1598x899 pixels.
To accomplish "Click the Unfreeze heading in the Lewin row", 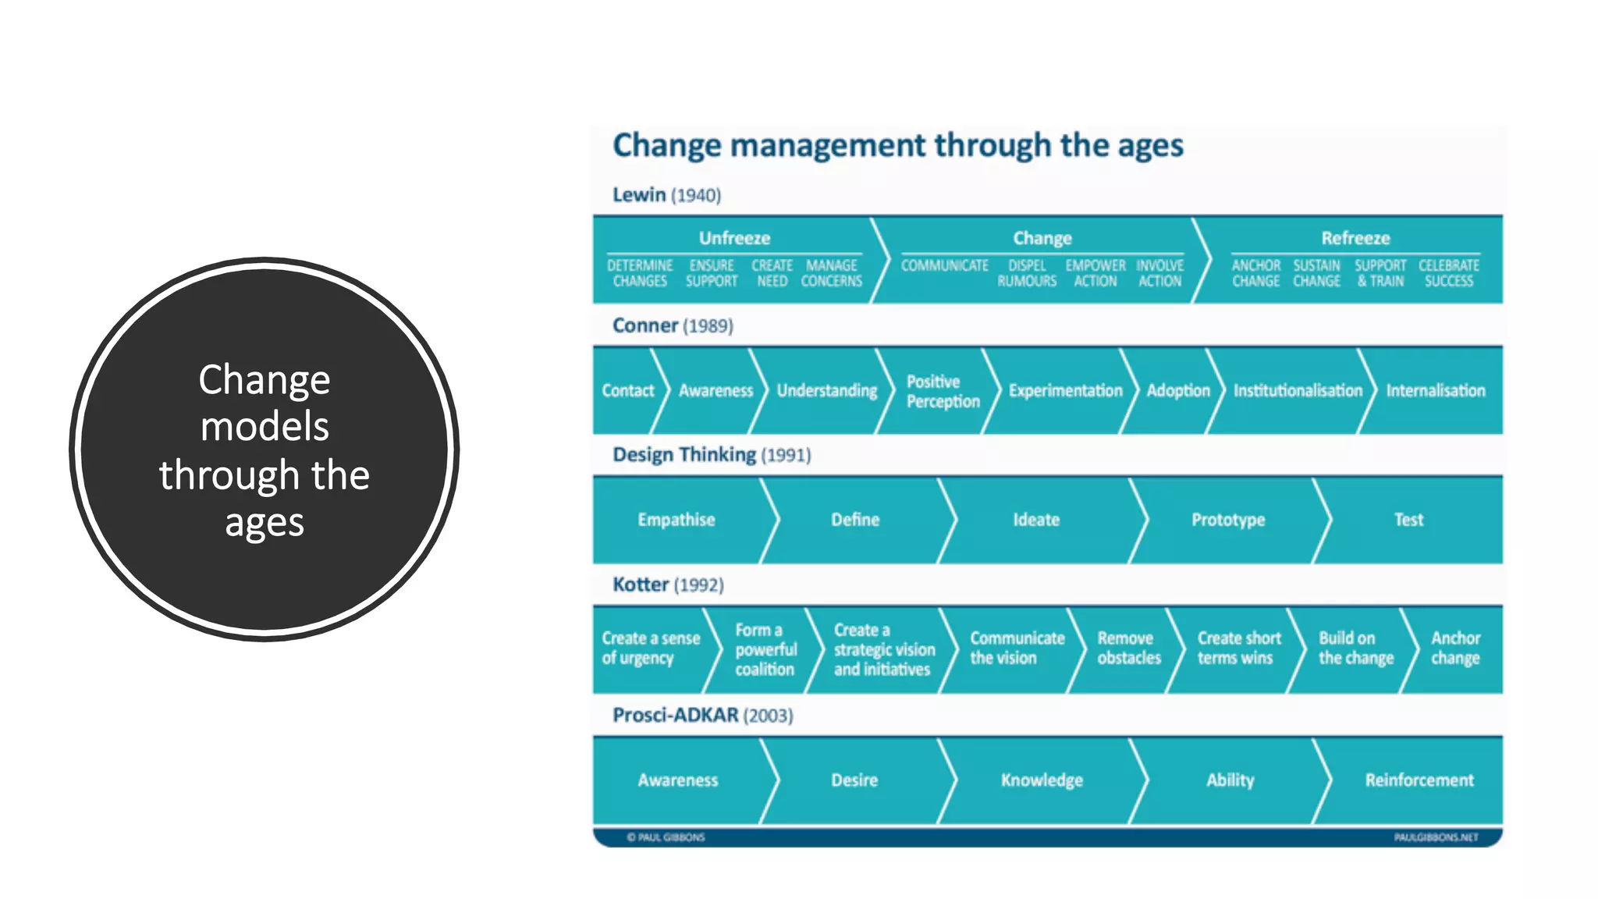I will pos(734,238).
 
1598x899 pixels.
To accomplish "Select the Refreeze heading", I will pos(1355,238).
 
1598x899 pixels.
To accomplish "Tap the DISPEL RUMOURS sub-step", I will pos(1027,273).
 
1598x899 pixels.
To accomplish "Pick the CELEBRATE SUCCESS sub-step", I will pos(1449,273).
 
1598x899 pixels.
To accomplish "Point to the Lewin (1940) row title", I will pos(666,195).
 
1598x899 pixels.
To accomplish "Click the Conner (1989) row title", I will pos(673,325).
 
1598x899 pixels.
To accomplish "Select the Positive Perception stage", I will pos(943,391).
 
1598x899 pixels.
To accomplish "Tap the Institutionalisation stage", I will pos(1298,390).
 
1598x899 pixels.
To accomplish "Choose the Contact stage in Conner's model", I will pos(627,390).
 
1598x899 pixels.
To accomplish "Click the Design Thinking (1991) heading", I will pos(712,455).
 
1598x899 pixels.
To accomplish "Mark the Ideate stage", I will pos(1036,520).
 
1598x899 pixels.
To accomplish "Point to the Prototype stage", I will pos(1228,520).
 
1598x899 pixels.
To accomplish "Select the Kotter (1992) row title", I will pos(668,585).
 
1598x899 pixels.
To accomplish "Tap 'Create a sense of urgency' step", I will pos(651,648).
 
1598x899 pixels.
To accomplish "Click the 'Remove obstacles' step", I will pos(1129,648).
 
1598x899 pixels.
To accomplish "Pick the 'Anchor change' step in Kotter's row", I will pos(1455,648).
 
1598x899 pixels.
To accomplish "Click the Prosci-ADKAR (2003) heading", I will pos(702,715).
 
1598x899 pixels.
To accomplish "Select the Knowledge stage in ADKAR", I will pos(1042,780).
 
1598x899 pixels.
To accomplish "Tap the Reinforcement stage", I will pos(1419,780).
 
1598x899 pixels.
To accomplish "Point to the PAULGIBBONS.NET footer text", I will pos(1436,837).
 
